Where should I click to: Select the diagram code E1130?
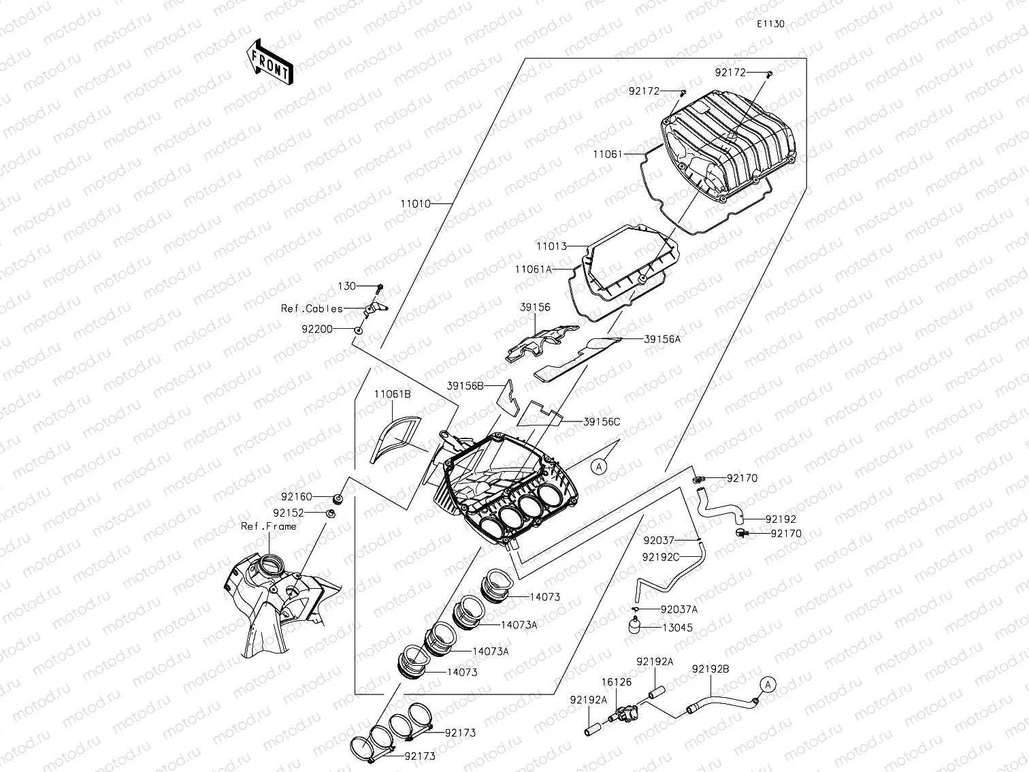click(x=770, y=24)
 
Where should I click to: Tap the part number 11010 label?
click(x=416, y=204)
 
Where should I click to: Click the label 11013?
click(x=551, y=245)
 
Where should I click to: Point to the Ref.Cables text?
click(x=312, y=308)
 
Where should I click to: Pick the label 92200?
click(x=316, y=329)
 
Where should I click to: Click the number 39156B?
click(x=465, y=386)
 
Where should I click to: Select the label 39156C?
click(x=602, y=422)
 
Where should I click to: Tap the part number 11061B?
click(x=392, y=394)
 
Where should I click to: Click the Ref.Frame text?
click(x=269, y=526)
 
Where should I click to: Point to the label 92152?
click(x=289, y=513)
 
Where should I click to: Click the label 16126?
click(x=615, y=681)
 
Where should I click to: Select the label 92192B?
click(x=710, y=669)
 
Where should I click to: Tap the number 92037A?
click(x=679, y=610)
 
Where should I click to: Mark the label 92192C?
click(x=661, y=557)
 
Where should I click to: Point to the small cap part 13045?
click(x=636, y=625)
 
